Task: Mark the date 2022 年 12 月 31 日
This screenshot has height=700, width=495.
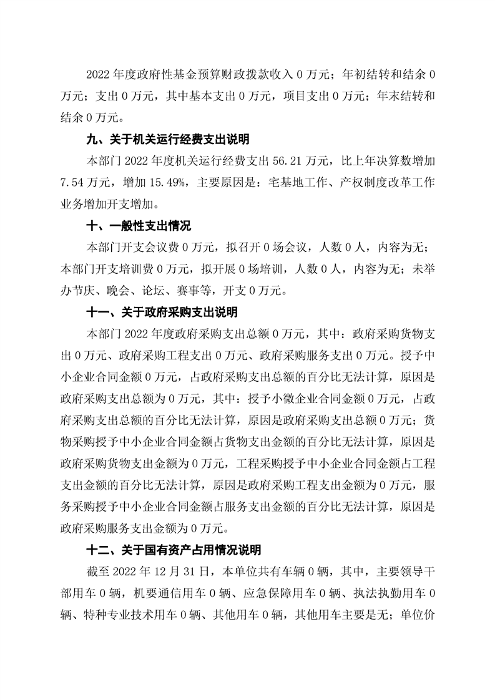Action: pyautogui.click(x=174, y=572)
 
